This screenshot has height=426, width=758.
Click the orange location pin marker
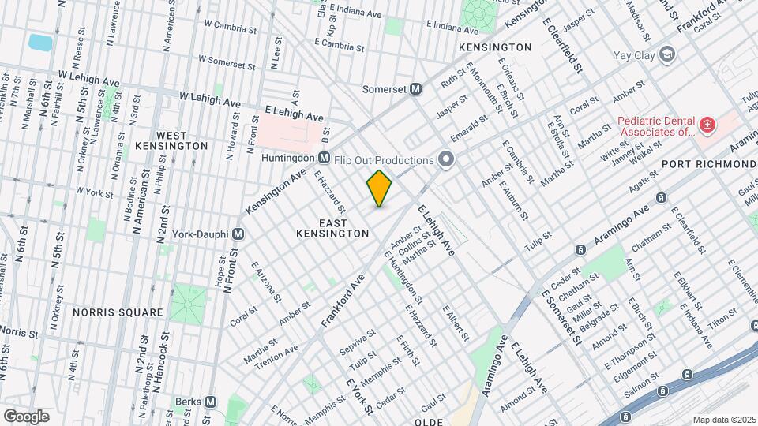(380, 188)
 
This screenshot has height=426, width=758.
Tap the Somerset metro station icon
(415, 89)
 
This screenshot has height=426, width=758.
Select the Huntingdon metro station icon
(324, 158)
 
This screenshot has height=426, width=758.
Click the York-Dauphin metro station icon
(238, 234)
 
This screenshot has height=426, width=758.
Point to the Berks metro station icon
(210, 402)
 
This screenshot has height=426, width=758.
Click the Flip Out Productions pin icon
(446, 160)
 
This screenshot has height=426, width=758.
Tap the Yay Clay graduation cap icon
(667, 54)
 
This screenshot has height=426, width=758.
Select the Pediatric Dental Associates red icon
(706, 125)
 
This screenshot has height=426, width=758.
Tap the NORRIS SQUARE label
(118, 312)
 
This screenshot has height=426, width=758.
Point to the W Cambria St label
(236, 24)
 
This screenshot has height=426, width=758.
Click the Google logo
(26, 416)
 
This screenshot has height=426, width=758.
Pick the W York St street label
(93, 192)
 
